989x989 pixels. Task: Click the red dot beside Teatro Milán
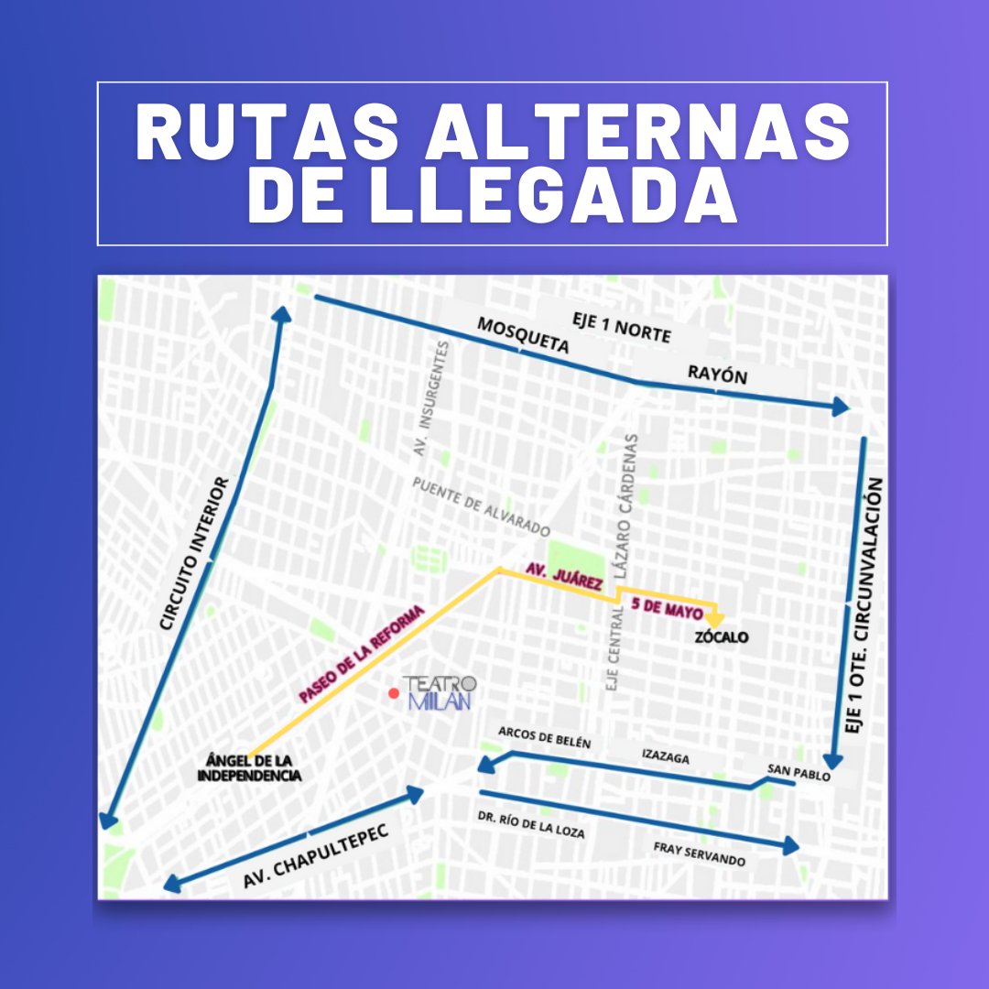[x=394, y=693]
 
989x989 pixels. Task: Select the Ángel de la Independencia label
[x=249, y=768]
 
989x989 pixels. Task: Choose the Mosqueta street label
[x=523, y=336]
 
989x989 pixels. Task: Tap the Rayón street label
[x=717, y=375]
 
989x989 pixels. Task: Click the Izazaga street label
[x=665, y=757]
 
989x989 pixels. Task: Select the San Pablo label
[x=799, y=773]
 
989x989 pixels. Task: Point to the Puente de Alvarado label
[x=481, y=505]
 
